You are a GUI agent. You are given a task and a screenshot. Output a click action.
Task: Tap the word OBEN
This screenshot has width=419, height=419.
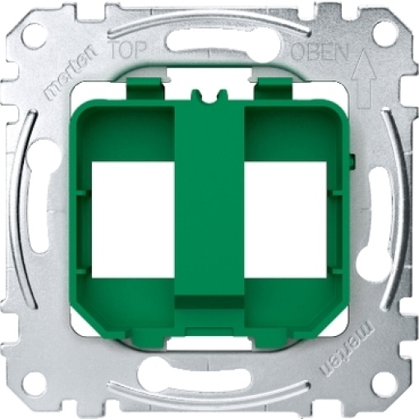[x=310, y=50]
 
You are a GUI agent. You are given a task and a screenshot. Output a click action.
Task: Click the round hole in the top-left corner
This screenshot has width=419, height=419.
[x=34, y=35]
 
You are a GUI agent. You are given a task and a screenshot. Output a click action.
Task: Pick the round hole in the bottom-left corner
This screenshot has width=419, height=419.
[x=34, y=383]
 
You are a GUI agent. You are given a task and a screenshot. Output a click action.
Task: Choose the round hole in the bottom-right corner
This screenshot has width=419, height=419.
[x=383, y=383]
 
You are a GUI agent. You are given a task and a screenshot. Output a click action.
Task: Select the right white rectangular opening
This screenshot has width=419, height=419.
[x=286, y=208]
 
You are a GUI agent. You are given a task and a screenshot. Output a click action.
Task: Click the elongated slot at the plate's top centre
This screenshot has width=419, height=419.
[x=209, y=42]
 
